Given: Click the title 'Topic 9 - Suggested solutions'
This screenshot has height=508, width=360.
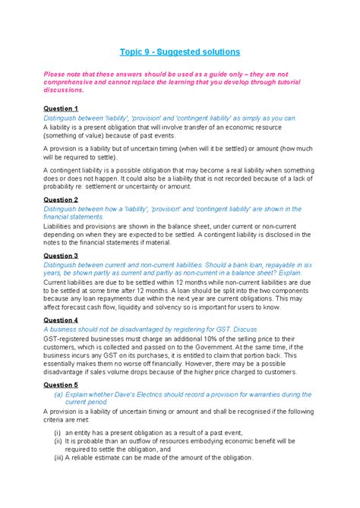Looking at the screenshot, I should (x=179, y=52).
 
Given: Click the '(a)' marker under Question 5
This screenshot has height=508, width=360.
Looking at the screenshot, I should (x=58, y=395).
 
